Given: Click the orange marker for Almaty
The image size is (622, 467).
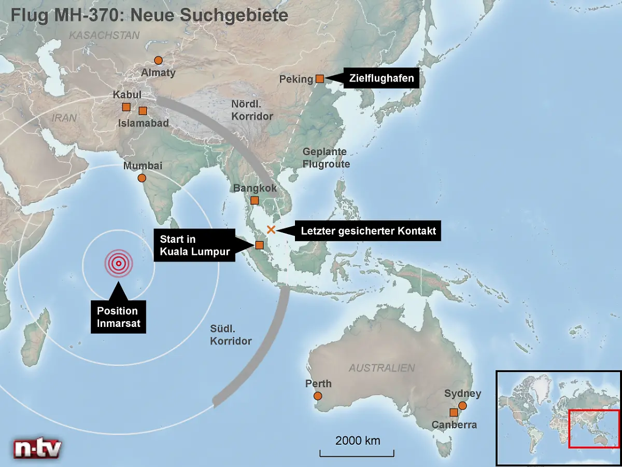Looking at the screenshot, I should pos(159,60).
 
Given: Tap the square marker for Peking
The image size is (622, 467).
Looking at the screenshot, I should pos(320,79).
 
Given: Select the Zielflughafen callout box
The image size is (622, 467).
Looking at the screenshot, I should pos(381,78).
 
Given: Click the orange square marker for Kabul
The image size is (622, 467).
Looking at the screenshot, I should pos(126,107).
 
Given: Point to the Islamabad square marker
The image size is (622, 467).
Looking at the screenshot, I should pos(143,111).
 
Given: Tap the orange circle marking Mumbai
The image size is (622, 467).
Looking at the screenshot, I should pos(142,178).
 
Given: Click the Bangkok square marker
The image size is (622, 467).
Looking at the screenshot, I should pos(255,200).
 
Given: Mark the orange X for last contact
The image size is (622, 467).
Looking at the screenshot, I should pos(270,229).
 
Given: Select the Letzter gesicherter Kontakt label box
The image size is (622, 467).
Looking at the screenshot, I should pos(369,231).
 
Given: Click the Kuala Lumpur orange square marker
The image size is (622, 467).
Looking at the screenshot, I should pos(260,245).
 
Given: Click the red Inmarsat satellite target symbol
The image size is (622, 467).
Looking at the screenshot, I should pos(119,264).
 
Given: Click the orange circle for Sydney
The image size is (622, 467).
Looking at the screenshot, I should pos(462,406).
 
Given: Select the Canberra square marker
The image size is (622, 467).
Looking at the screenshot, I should pos(454,413).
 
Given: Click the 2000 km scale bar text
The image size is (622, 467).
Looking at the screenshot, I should pos(358,441).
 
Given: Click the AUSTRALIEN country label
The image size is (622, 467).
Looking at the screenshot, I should pos(381,368).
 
